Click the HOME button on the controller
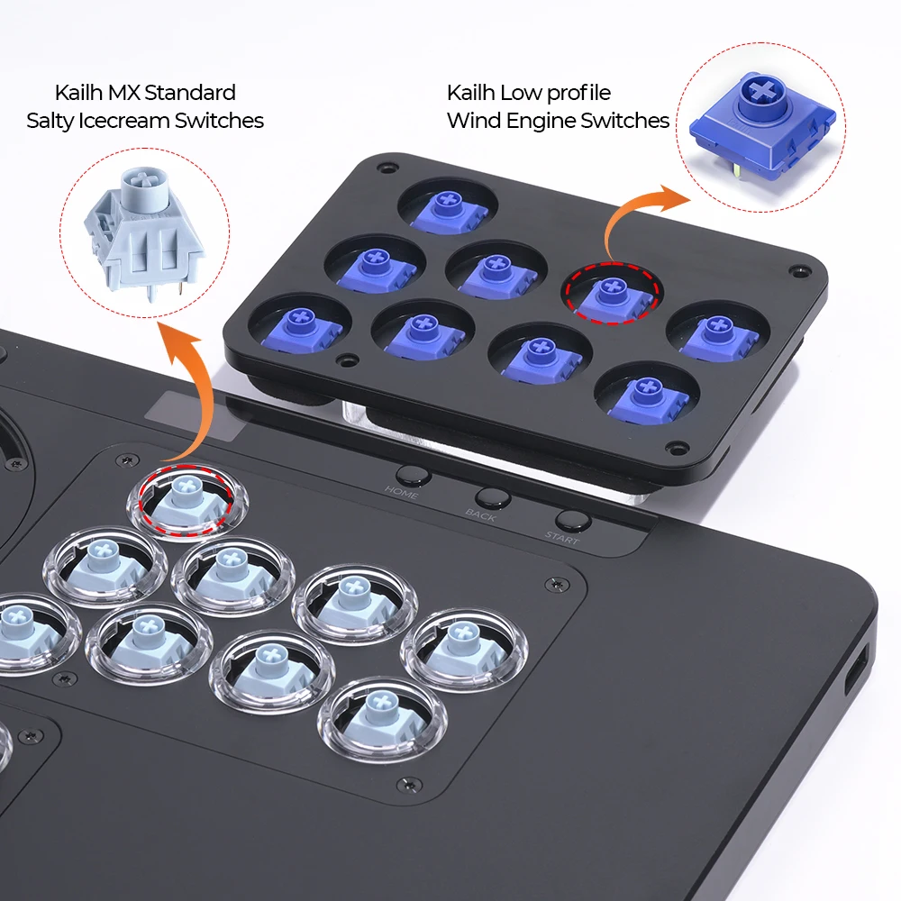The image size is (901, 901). (412, 476)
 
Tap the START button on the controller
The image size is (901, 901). (569, 521)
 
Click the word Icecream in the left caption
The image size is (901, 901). (145, 121)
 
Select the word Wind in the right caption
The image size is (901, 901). (470, 121)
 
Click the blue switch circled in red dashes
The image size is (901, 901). (613, 293)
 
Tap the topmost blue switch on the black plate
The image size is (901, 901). (447, 209)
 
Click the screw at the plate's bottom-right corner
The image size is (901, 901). (671, 448)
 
